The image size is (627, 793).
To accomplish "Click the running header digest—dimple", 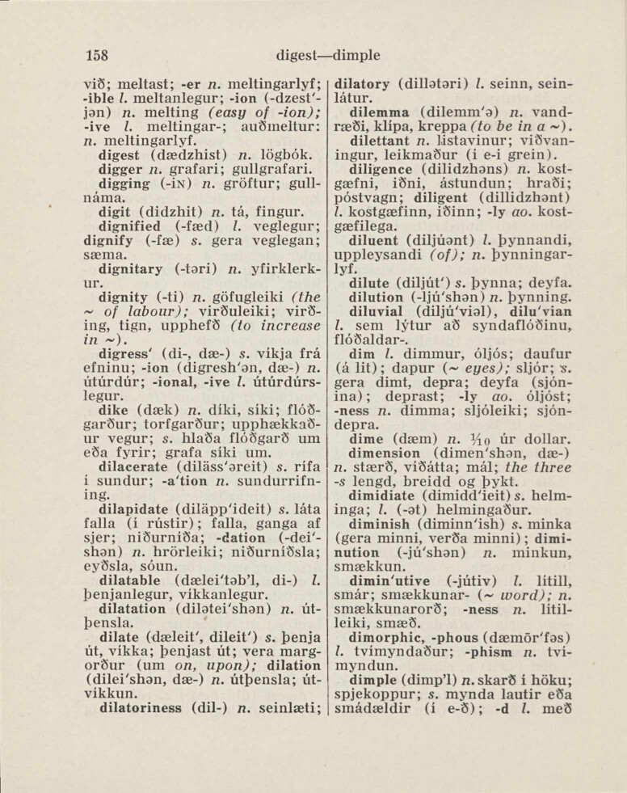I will (x=327, y=56).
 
